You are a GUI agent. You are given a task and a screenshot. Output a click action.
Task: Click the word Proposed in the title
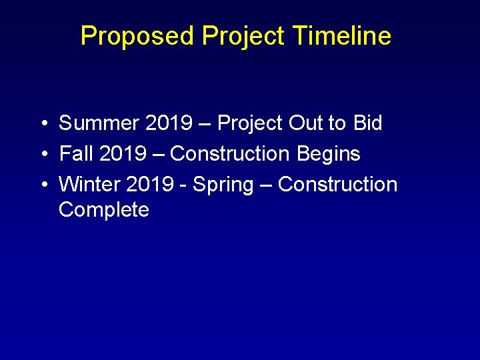(138, 36)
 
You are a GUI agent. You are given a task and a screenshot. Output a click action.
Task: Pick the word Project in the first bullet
(251, 123)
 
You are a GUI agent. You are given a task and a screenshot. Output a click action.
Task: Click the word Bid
(367, 123)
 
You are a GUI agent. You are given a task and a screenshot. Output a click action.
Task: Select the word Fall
(76, 154)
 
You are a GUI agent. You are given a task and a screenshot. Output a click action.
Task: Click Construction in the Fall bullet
(230, 154)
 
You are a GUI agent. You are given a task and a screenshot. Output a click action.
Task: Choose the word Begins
(328, 154)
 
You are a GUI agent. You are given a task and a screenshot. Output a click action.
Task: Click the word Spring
(223, 185)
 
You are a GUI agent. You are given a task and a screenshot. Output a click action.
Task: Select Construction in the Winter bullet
(337, 185)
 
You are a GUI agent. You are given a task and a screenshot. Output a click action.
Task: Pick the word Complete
(104, 210)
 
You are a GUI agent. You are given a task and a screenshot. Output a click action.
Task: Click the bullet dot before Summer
(42, 124)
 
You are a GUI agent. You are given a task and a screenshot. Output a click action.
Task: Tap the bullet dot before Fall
(42, 155)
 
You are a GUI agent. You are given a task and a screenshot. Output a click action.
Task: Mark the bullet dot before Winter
(42, 185)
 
